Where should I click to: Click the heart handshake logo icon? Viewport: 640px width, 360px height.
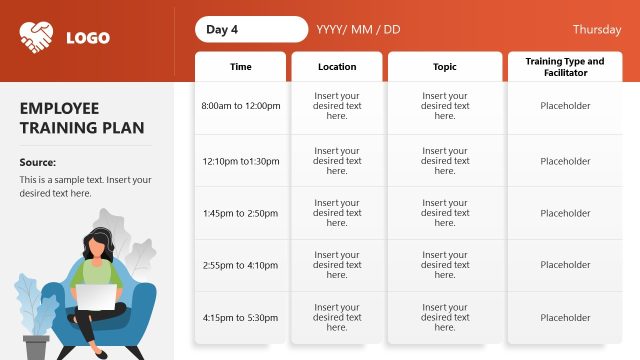pyautogui.click(x=37, y=38)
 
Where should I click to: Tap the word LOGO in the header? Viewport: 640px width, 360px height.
pyautogui.click(x=88, y=39)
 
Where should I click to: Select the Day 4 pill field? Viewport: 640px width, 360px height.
pyautogui.click(x=251, y=30)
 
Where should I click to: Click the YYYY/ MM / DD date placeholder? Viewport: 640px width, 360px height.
pyautogui.click(x=358, y=30)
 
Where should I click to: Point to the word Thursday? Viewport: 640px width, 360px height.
pyautogui.click(x=597, y=30)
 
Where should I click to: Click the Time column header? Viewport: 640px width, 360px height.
pyautogui.click(x=241, y=67)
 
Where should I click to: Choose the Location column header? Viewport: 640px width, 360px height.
pyautogui.click(x=337, y=67)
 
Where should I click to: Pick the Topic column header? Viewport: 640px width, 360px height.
pyautogui.click(x=445, y=67)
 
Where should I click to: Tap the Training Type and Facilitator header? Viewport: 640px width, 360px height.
pyautogui.click(x=565, y=67)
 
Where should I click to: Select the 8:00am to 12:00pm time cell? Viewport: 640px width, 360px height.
pyautogui.click(x=240, y=105)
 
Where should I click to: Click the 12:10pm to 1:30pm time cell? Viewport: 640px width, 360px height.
pyautogui.click(x=240, y=161)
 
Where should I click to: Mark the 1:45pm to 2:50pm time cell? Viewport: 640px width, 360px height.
pyautogui.click(x=240, y=213)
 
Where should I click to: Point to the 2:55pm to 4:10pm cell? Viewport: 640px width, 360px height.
pyautogui.click(x=240, y=265)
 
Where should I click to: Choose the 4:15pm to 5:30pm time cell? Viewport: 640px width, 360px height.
pyautogui.click(x=240, y=317)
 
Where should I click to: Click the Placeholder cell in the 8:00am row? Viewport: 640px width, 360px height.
pyautogui.click(x=565, y=105)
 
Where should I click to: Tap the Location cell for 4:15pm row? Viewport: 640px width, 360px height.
pyautogui.click(x=337, y=317)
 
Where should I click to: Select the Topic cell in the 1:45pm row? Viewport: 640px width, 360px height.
pyautogui.click(x=445, y=213)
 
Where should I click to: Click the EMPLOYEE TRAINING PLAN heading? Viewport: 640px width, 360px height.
pyautogui.click(x=82, y=118)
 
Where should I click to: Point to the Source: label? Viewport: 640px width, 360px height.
pyautogui.click(x=38, y=162)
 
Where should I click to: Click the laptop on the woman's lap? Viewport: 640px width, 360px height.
pyautogui.click(x=97, y=298)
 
